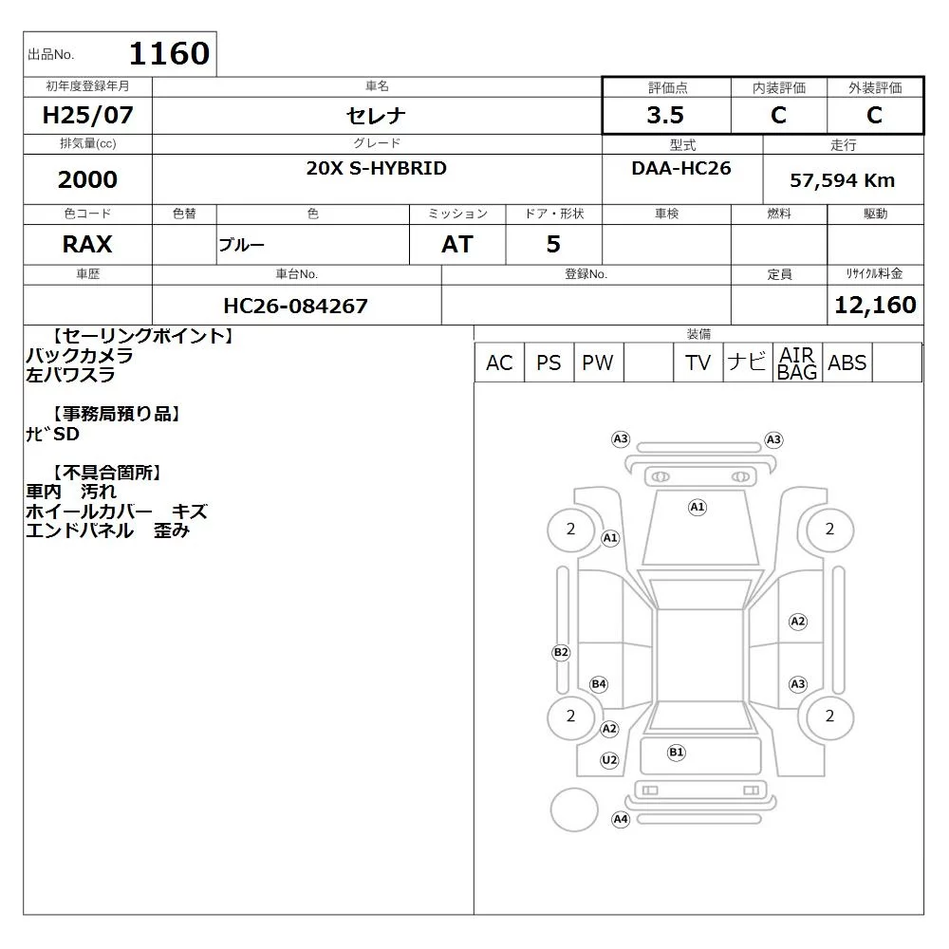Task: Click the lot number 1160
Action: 170,53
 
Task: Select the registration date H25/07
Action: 87,115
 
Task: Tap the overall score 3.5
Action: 665,115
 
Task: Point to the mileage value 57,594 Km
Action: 842,180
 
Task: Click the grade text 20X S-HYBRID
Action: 377,168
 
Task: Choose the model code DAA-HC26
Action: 680,168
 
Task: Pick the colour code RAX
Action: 87,244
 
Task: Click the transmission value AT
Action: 457,244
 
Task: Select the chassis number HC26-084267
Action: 295,306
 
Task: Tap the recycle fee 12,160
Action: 875,305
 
